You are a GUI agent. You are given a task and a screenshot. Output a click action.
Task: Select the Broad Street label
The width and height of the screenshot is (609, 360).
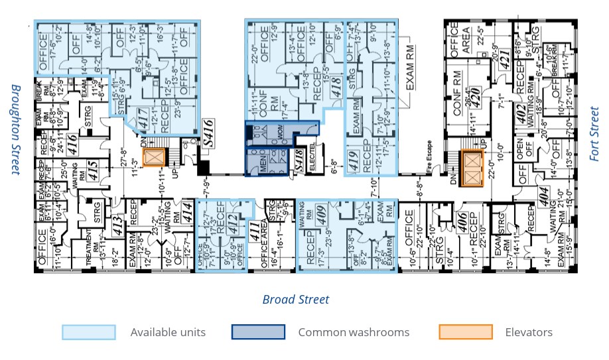click(x=296, y=300)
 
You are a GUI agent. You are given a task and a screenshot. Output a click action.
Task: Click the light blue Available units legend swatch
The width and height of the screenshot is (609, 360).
click(x=89, y=332)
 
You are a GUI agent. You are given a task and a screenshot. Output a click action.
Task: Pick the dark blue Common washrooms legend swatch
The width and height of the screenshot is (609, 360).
click(x=258, y=332)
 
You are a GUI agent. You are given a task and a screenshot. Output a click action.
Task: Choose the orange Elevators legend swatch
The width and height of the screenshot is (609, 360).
click(x=466, y=332)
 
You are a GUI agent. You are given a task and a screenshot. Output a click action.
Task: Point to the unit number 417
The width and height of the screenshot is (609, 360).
click(x=141, y=117)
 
